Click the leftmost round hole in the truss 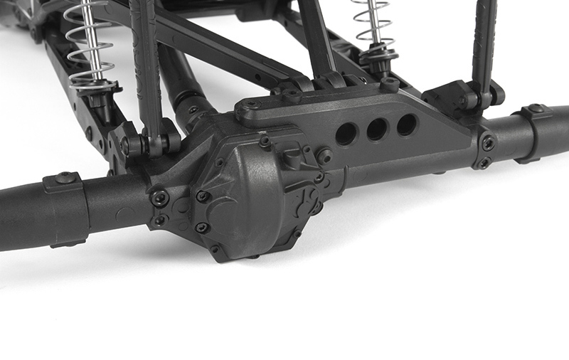tap(346, 134)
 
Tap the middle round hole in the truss tap(377, 129)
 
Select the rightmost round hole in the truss tap(407, 125)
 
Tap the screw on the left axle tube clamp tap(66, 178)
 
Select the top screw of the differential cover tap(265, 141)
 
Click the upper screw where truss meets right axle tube tap(488, 142)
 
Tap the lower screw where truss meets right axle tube tap(484, 164)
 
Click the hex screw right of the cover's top tap(324, 155)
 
